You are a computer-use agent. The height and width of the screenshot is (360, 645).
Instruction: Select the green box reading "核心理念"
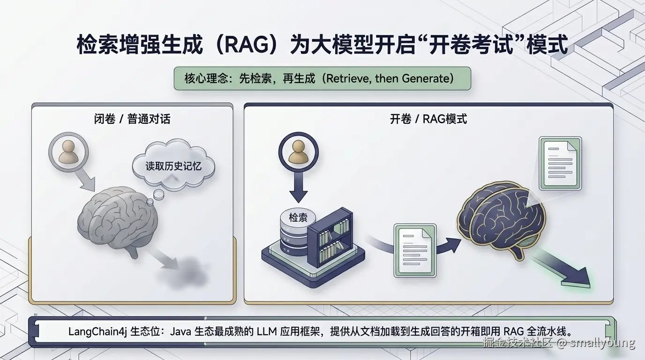(x=322, y=78)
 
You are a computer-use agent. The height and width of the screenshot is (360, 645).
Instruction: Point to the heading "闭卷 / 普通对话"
(x=132, y=119)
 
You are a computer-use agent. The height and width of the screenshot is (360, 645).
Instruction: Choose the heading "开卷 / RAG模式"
(x=428, y=119)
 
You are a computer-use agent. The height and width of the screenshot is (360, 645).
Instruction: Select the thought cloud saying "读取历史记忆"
(x=173, y=166)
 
